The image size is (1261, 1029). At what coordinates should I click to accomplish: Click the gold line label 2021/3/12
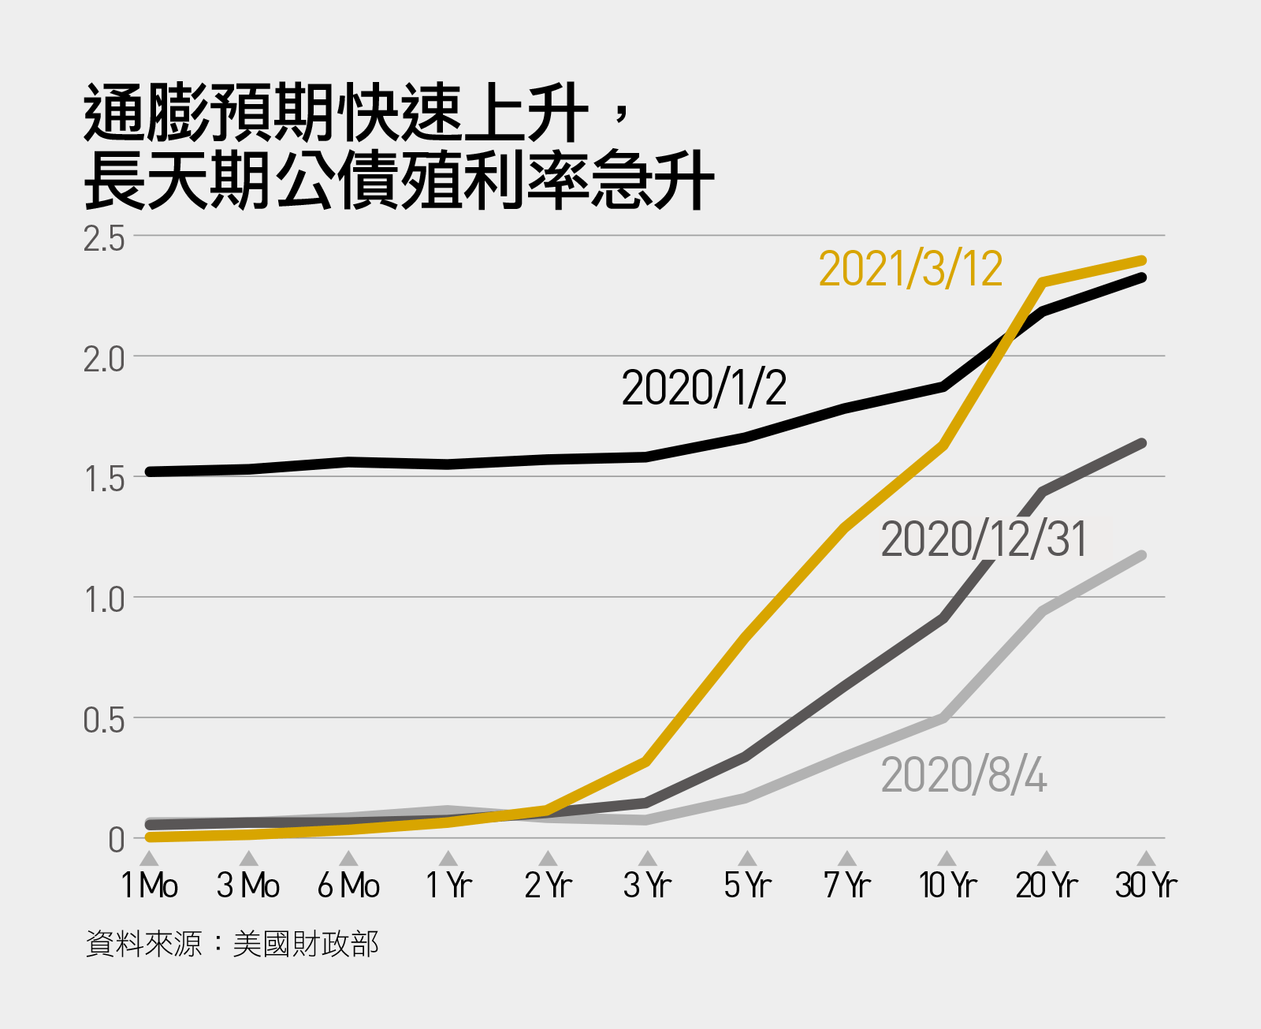pyautogui.click(x=910, y=270)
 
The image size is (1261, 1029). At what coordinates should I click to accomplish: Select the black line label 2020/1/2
pyautogui.click(x=704, y=388)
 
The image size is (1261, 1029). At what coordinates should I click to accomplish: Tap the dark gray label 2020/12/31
pyautogui.click(x=984, y=540)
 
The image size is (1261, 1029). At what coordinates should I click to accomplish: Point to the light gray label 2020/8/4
pyautogui.click(x=963, y=775)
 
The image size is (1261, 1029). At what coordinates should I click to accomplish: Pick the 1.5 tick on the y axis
pyautogui.click(x=104, y=479)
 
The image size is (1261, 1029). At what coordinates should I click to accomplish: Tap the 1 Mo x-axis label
pyautogui.click(x=149, y=885)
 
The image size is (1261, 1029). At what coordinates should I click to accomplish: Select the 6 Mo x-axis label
pyautogui.click(x=348, y=885)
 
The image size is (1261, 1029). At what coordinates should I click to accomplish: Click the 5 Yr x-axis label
pyautogui.click(x=747, y=885)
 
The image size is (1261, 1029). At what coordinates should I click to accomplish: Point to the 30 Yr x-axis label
pyautogui.click(x=1146, y=885)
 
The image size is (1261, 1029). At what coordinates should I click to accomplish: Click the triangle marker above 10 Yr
pyautogui.click(x=947, y=859)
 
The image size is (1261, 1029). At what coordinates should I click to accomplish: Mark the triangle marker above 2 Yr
pyautogui.click(x=549, y=859)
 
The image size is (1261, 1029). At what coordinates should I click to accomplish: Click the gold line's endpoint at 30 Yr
pyautogui.click(x=1142, y=261)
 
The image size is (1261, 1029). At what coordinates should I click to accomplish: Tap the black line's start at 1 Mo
pyautogui.click(x=150, y=472)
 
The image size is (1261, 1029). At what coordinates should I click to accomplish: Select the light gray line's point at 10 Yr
pyautogui.click(x=943, y=718)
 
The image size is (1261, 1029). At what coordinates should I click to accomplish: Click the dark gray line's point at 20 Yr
pyautogui.click(x=1043, y=492)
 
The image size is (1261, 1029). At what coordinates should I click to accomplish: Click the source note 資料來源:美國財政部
pyautogui.click(x=232, y=943)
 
